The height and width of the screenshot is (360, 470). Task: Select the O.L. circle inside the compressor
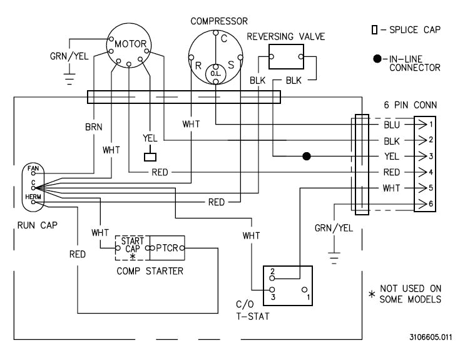tap(215, 73)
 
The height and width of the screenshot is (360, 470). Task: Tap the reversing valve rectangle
tap(285, 58)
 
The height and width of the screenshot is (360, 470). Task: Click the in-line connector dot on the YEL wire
tap(307, 156)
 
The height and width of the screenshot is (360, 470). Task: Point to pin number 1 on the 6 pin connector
tap(431, 125)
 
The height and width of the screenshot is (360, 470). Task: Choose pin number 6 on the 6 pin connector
tap(431, 203)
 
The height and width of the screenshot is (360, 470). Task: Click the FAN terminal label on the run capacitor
tap(33, 169)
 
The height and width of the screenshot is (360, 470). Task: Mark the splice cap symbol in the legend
tap(374, 29)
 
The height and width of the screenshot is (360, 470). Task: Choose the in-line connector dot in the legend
tap(376, 59)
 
